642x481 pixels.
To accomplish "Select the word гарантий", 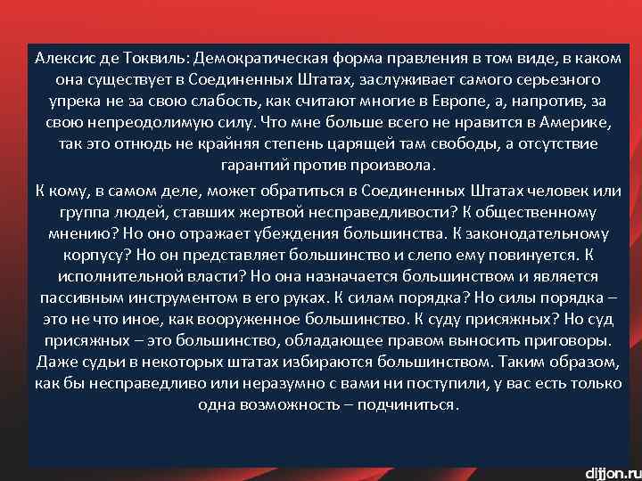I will click(251, 166).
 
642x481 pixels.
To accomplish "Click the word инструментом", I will click(215, 298).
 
